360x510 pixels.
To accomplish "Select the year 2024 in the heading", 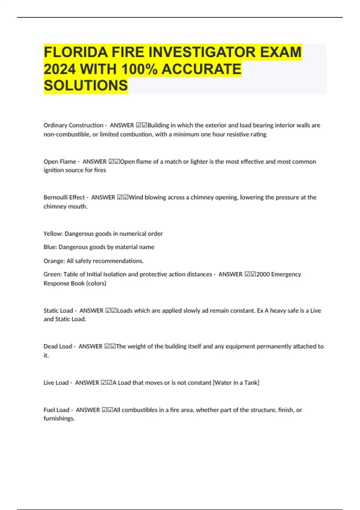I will point(59,69).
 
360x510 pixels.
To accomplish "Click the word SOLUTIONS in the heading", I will point(86,85).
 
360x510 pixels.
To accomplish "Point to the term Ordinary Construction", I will point(73,125).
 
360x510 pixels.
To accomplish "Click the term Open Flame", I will point(60,161).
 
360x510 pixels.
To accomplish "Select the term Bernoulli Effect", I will point(64,197).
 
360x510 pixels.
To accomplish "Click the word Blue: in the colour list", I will point(50,247).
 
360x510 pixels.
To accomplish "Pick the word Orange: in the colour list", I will point(54,261).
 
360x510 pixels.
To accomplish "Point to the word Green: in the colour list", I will point(52,274).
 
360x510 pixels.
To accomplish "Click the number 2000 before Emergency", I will point(263,274).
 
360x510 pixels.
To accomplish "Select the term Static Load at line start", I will point(58,310).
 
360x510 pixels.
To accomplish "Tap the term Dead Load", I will point(58,346).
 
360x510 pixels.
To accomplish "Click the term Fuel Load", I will point(56,410).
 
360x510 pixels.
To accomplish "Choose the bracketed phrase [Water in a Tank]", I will point(236,383).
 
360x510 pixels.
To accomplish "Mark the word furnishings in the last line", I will point(58,418).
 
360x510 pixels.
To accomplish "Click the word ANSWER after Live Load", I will point(87,383).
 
